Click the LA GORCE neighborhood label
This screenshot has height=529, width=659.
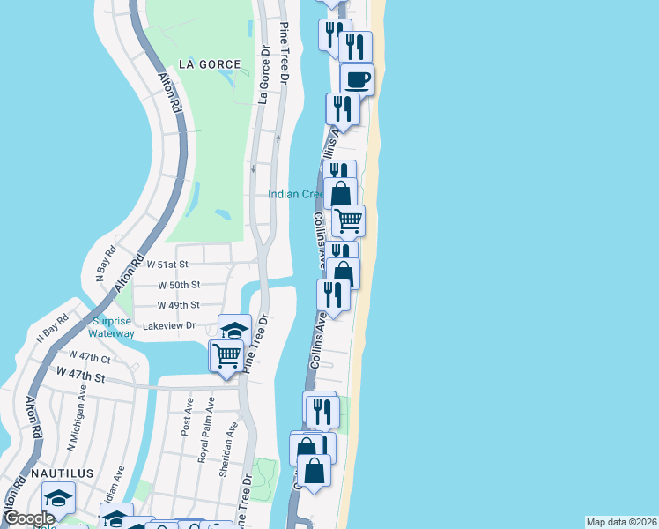[209, 64]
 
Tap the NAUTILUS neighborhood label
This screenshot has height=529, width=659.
[62, 473]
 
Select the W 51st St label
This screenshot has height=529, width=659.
[167, 264]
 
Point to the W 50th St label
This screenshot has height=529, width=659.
[179, 285]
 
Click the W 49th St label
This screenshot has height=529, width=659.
[178, 305]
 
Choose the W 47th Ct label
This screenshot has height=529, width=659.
[93, 359]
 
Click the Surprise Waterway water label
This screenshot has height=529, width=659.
[112, 327]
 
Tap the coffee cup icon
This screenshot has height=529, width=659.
[357, 80]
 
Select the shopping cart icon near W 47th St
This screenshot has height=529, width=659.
[226, 355]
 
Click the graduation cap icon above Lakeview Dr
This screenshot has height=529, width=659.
[234, 331]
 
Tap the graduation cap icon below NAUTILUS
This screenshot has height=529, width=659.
[58, 498]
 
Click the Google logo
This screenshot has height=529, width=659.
[30, 518]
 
